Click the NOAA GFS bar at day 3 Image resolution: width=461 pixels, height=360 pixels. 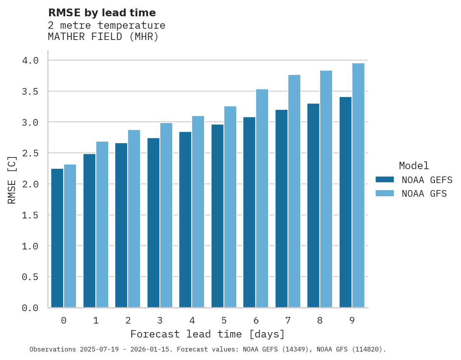pos(166,215)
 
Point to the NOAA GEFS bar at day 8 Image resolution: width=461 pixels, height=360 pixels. pos(313,205)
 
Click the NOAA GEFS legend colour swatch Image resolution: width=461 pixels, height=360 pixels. pos(385,180)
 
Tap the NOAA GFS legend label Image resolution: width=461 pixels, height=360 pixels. pos(424,194)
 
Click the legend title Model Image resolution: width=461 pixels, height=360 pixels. pos(414,166)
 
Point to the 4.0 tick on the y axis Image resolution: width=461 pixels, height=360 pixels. pos(30,61)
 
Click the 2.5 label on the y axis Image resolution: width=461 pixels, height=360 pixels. pos(30,153)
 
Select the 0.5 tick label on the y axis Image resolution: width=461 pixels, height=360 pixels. pos(30,277)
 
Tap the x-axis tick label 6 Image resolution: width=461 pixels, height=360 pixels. pos(256,320)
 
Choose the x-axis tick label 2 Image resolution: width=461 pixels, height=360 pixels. pos(128,320)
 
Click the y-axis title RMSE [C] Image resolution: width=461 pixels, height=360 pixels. pos(12,180)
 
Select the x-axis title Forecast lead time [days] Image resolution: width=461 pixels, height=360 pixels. pos(208,334)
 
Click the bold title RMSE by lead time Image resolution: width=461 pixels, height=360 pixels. pos(102,13)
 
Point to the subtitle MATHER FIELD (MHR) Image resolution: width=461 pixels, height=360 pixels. pos(103,37)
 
